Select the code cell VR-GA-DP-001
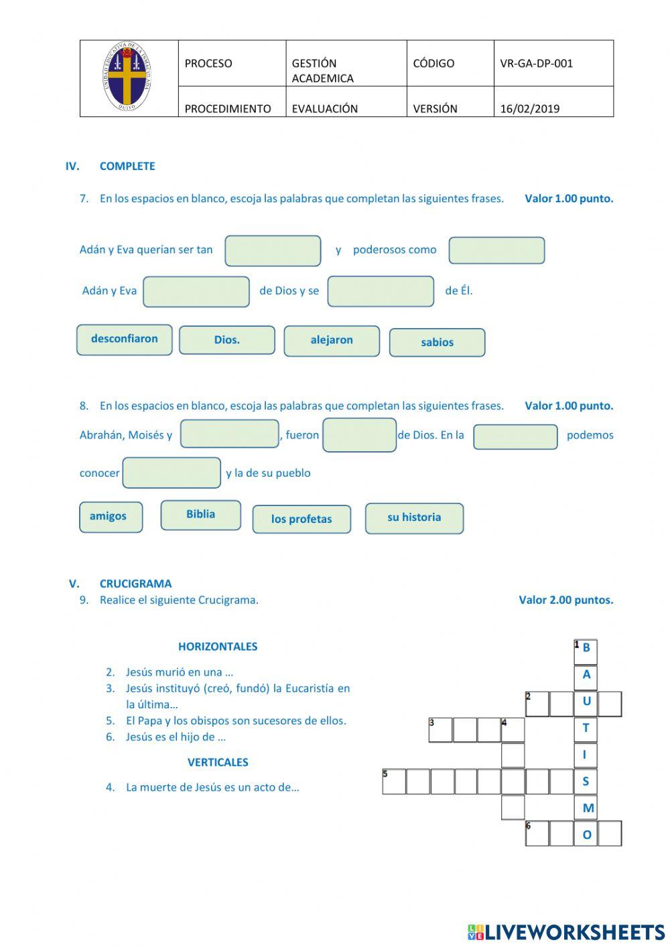pyautogui.click(x=536, y=64)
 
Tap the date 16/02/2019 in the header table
pyautogui.click(x=529, y=108)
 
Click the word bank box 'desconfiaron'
pyautogui.click(x=125, y=339)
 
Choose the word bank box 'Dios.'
pyautogui.click(x=227, y=340)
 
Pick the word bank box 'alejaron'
pyautogui.click(x=332, y=341)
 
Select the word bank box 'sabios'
pyautogui.click(x=437, y=343)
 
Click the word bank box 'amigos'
pyautogui.click(x=111, y=517)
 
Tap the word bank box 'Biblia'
pyautogui.click(x=200, y=515)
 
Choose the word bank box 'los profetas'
pyautogui.click(x=301, y=519)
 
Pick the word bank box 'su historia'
pyautogui.click(x=414, y=518)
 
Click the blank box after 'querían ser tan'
pyautogui.click(x=273, y=251)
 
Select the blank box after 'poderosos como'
pyautogui.click(x=496, y=250)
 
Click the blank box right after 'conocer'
pyautogui.click(x=172, y=473)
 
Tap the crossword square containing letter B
pyautogui.click(x=586, y=649)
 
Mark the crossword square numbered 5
pyautogui.click(x=394, y=781)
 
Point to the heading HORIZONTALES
pyautogui.click(x=218, y=647)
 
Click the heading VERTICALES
pyautogui.click(x=218, y=762)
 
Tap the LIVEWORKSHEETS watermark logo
pyautogui.click(x=566, y=932)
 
